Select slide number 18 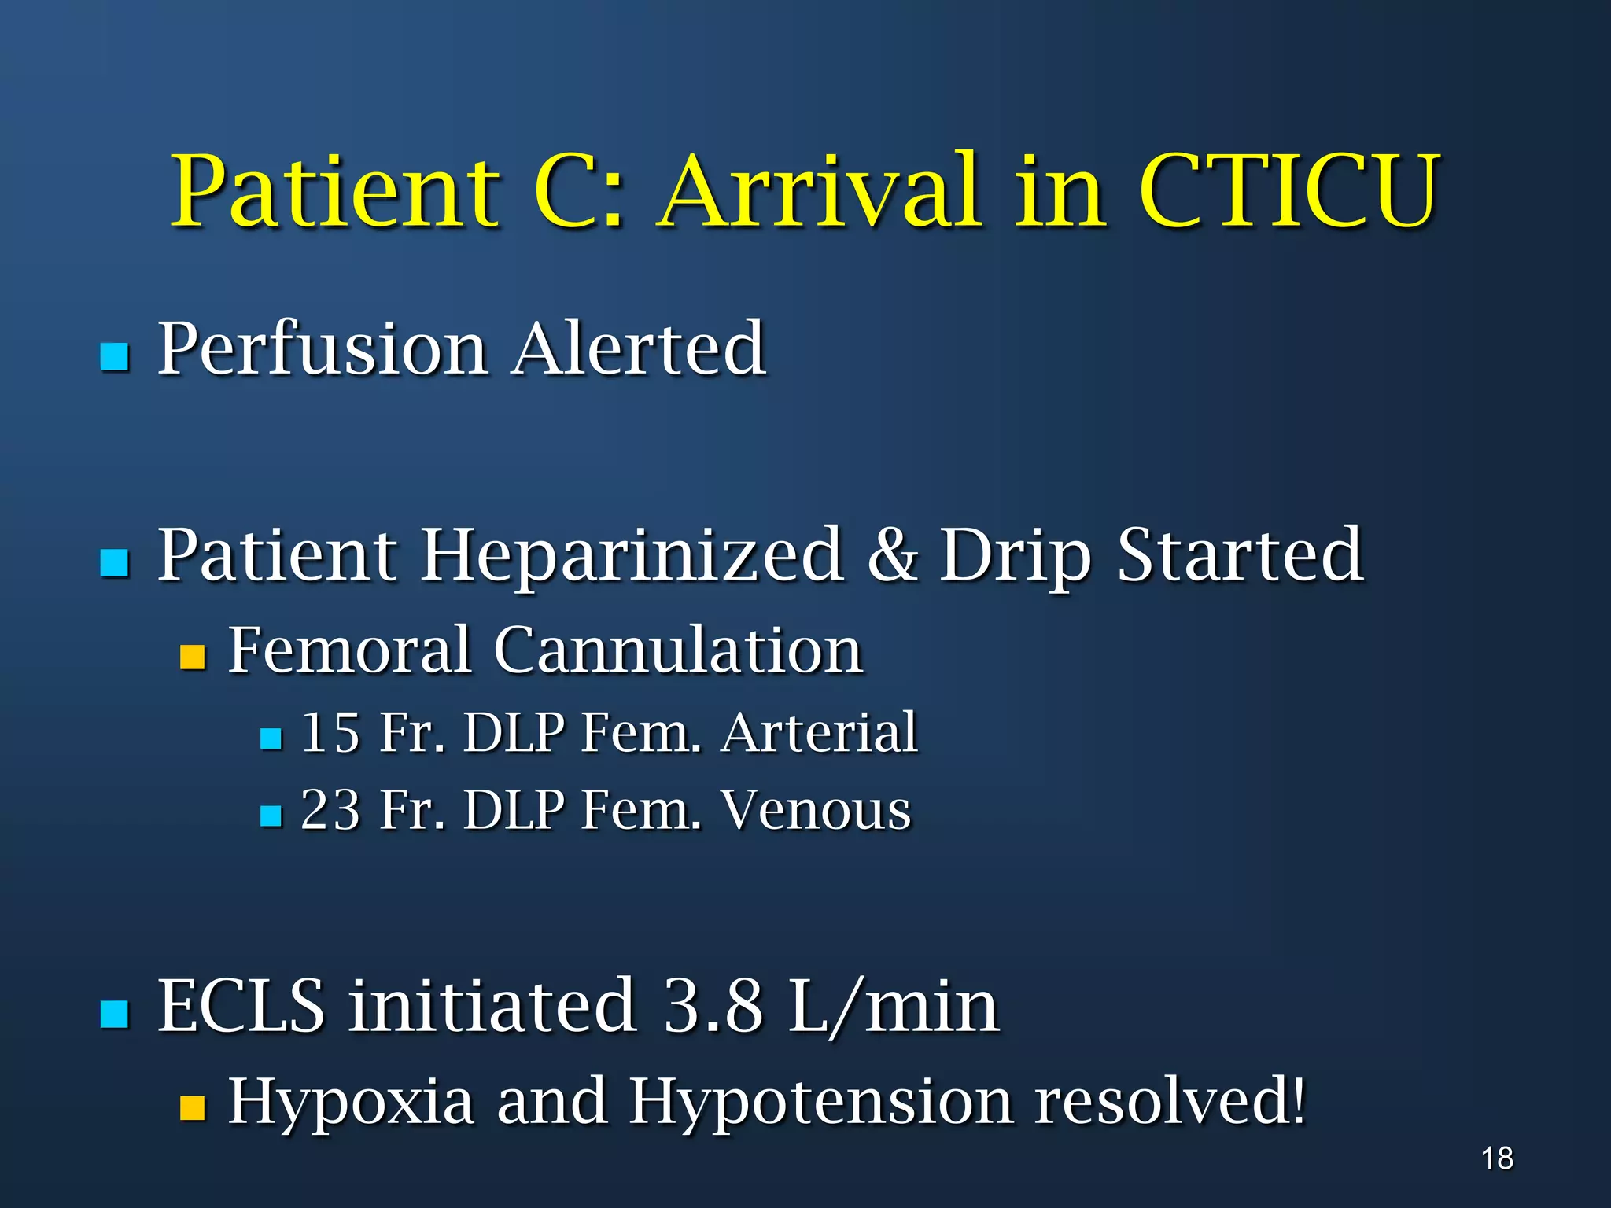click(x=1497, y=1158)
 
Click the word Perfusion click(x=323, y=350)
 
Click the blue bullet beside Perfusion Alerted click(x=115, y=356)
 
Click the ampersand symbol click(x=892, y=555)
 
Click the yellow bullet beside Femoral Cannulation click(x=192, y=657)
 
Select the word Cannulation click(x=678, y=650)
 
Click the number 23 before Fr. click(x=330, y=810)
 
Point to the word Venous click(x=817, y=810)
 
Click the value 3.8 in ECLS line click(x=713, y=1006)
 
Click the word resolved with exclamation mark click(x=1170, y=1101)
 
